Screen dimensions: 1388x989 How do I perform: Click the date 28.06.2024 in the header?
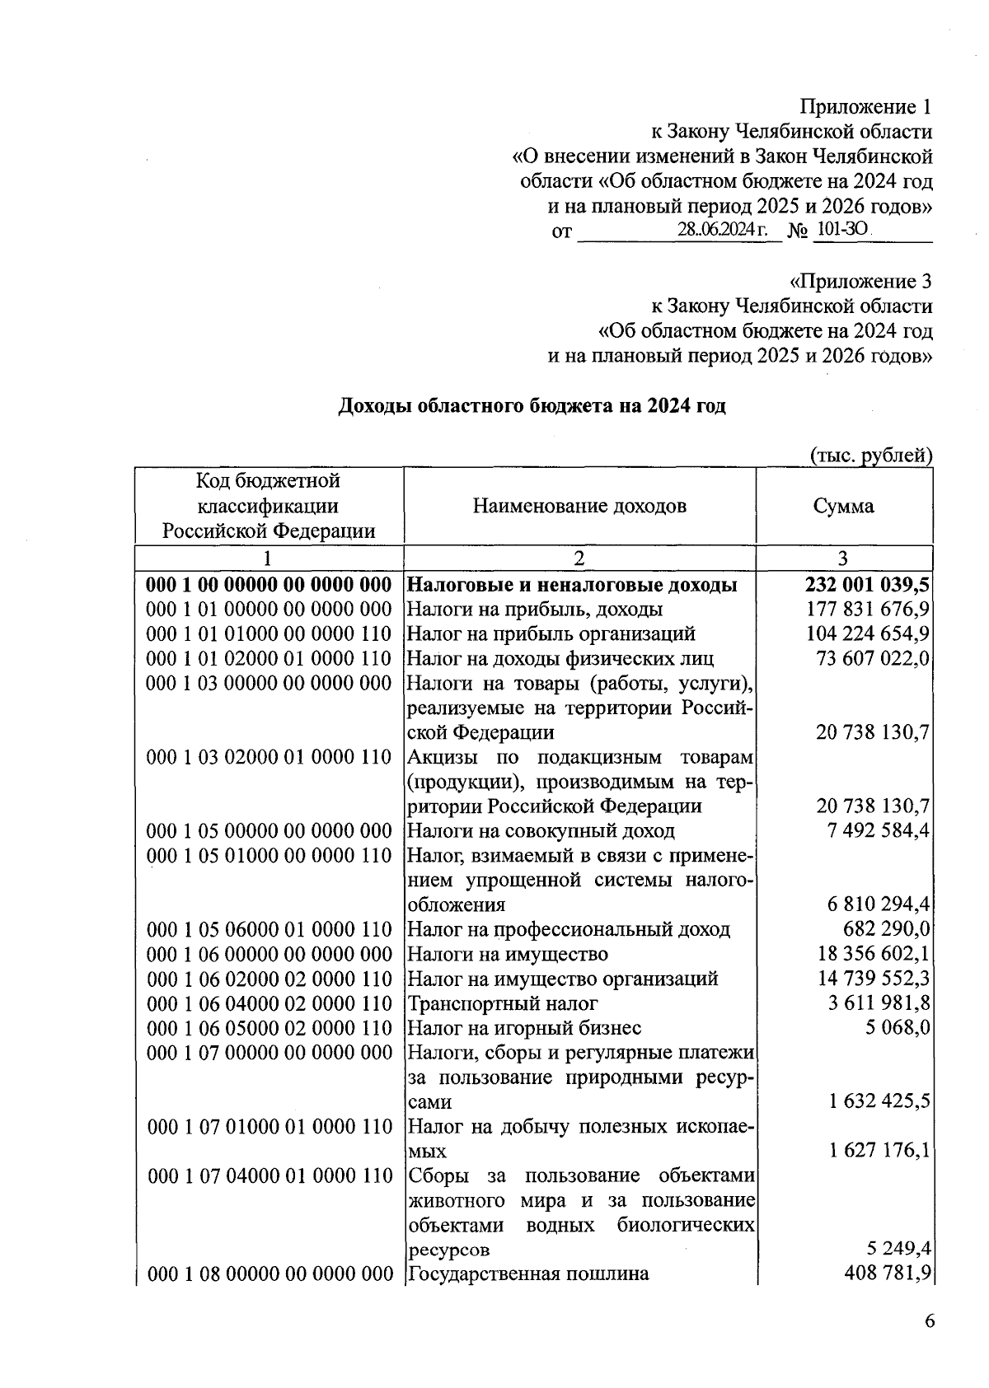722,231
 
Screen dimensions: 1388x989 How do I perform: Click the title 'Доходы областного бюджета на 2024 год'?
532,406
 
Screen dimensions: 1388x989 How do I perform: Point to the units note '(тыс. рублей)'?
871,455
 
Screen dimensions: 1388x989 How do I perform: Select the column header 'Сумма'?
843,506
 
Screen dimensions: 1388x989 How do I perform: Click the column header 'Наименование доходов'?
579,506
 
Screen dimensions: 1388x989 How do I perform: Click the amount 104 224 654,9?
868,633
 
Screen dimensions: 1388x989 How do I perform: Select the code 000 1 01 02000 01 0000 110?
269,658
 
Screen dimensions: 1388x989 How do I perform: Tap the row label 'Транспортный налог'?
503,1003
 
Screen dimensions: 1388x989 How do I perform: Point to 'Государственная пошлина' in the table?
528,1274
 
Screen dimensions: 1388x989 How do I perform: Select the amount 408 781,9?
888,1274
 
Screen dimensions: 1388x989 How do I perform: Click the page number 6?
930,1321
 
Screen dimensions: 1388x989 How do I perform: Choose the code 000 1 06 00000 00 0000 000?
269,954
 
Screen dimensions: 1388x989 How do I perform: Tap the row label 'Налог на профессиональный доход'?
569,929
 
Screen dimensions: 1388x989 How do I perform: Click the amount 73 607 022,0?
873,658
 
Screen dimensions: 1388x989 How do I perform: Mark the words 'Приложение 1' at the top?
866,107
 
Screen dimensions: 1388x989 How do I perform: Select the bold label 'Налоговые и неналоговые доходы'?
573,585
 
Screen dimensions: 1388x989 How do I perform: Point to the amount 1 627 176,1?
879,1150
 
